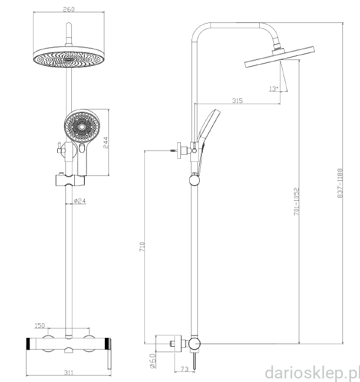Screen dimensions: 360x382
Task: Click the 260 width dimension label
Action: point(68,9)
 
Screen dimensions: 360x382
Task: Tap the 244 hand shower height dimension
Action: point(105,142)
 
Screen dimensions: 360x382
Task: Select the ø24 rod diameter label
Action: point(80,201)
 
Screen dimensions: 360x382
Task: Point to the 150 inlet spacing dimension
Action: point(39,325)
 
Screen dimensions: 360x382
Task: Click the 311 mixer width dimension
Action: point(68,373)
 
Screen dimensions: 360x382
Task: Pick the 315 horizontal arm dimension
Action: point(237,101)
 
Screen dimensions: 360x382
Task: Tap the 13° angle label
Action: point(273,89)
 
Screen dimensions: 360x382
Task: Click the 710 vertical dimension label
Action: point(142,247)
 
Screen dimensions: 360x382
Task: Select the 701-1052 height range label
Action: point(296,201)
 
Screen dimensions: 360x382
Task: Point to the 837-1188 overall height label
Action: point(340,183)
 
